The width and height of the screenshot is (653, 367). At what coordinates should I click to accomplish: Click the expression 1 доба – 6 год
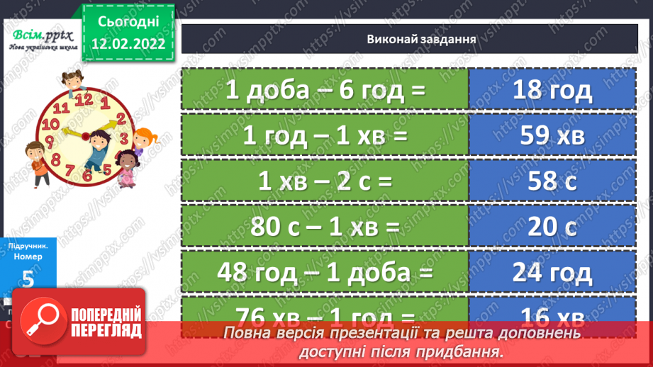pos(325,89)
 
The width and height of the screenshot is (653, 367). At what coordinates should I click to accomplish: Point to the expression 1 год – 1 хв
pos(325,135)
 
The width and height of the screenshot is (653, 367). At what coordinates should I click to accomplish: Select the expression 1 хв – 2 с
pos(325,181)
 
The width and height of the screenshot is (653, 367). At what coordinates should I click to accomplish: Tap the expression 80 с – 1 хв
pos(325,227)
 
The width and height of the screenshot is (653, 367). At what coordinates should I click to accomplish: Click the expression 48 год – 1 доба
pos(325,272)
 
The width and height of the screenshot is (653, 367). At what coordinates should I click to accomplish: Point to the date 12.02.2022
pos(128,44)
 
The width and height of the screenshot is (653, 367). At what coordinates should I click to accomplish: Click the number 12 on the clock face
pos(83,98)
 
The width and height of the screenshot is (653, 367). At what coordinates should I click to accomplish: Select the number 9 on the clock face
pos(50,142)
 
